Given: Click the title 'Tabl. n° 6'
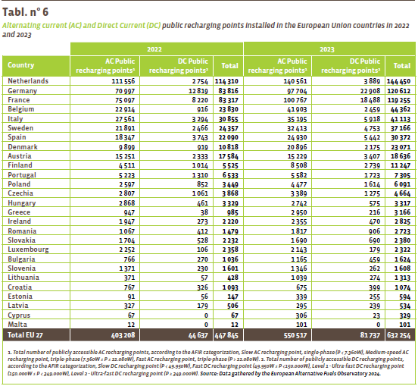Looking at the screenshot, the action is coord(25,12).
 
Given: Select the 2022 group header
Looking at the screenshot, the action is coord(154,49).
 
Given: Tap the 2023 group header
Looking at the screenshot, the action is coord(327,49).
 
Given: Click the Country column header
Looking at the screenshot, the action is coord(20,65).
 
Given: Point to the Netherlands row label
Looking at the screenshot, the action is coord(28,81).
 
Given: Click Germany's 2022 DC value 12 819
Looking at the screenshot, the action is coord(198,91).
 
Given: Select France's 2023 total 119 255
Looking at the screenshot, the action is coord(398,100).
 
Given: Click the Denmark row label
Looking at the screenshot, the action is coord(23,147).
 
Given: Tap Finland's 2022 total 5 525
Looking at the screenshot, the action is coord(230,165).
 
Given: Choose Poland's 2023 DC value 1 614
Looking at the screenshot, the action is coord(372,184).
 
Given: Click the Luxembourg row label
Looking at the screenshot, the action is coord(28,249).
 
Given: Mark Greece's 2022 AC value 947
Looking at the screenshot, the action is coord(129,212).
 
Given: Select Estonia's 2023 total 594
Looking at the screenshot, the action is coord(404,297).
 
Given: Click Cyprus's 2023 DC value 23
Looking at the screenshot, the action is coord(376,315).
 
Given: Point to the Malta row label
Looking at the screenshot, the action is coord(17,325).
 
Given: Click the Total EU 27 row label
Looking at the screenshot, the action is coord(25,335).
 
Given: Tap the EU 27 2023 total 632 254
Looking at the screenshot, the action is coord(399,335).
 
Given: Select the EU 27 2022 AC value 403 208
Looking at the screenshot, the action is coord(123,335).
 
